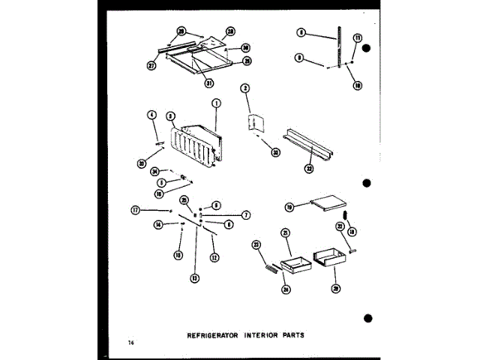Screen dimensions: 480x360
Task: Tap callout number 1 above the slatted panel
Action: point(216,103)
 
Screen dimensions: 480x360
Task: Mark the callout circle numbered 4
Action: point(152,115)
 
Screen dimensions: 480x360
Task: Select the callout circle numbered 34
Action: point(153,171)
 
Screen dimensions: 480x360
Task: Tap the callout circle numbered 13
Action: point(195,278)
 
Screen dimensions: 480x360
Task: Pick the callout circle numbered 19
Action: point(289,206)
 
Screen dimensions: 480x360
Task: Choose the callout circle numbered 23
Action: point(256,244)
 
